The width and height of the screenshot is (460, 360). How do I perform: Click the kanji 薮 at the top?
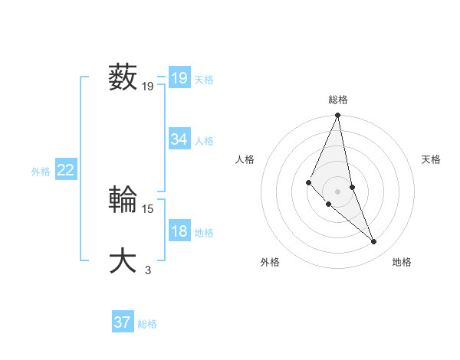pos(123,78)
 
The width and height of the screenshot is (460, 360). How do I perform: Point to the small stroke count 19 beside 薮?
pos(148,87)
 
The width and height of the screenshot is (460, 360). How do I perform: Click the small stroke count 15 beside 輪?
pos(148,208)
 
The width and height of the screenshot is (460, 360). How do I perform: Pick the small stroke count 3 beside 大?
pos(148,270)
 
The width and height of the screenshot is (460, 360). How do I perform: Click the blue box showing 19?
pos(179,78)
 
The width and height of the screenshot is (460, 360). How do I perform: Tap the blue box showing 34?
pos(179,139)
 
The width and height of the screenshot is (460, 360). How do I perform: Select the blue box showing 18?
pos(179,231)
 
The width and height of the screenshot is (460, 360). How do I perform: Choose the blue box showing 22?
pos(65,171)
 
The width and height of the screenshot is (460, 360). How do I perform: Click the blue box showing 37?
pos(123,322)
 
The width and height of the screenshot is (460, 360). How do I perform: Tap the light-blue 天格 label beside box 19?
pos(204,80)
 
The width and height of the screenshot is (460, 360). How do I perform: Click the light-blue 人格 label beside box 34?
pos(204,141)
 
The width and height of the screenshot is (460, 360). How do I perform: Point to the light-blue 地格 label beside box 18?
pos(204,233)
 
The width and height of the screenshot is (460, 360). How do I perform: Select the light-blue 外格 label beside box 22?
pos(41,172)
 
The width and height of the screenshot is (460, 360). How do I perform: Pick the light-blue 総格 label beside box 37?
pos(147,324)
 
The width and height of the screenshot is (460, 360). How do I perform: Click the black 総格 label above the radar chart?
pos(338,100)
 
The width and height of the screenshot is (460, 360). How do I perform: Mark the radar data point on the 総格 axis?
pos(338,116)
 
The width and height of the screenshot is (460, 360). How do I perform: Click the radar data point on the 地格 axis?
pos(374,242)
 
